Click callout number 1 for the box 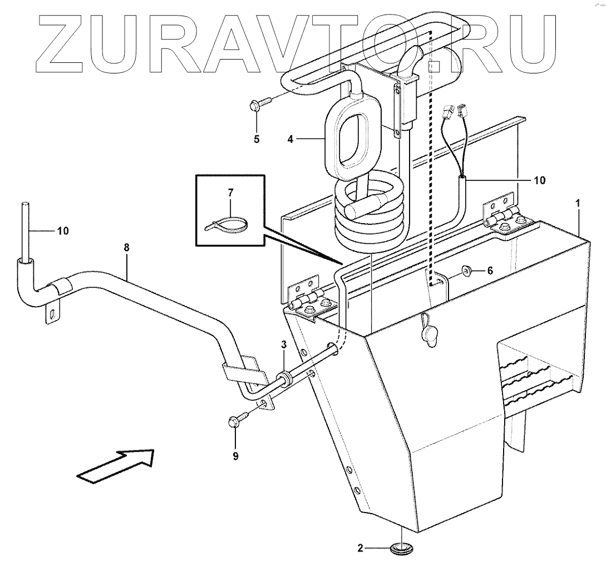578,204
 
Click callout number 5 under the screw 257,139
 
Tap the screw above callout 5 258,102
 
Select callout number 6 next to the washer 490,271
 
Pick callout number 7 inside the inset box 230,193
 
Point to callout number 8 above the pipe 127,249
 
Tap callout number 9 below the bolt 235,456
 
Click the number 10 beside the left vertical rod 62,230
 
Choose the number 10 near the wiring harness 540,180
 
